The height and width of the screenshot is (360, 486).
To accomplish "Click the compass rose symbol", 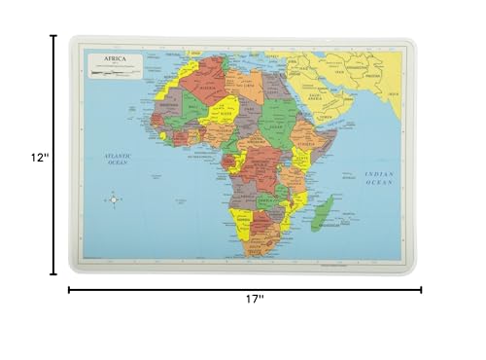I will tap(112, 199).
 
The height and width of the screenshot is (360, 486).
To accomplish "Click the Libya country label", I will tap(249, 87).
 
